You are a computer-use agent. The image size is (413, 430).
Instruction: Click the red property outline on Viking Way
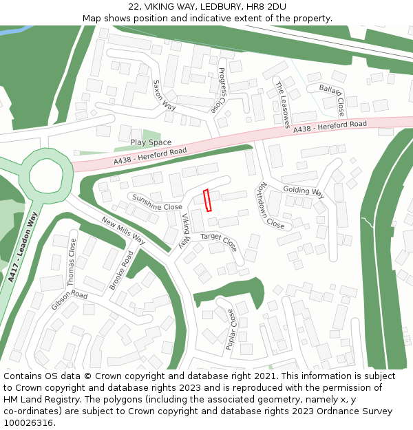click(208, 200)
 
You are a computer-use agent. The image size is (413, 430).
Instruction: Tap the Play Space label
click(151, 142)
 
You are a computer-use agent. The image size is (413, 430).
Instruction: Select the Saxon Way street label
click(165, 96)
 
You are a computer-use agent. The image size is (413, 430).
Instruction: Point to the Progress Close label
click(221, 90)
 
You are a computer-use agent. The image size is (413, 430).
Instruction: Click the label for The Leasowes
click(282, 104)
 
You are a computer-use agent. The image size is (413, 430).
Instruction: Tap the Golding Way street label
click(304, 191)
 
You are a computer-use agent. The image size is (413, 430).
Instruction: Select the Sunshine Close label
click(158, 202)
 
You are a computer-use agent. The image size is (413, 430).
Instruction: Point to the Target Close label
click(218, 241)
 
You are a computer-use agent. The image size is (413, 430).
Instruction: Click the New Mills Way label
click(123, 230)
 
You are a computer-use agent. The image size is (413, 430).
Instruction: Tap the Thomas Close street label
click(72, 262)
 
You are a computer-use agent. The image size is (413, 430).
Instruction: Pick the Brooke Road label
click(121, 270)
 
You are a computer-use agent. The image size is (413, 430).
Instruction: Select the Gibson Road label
click(69, 300)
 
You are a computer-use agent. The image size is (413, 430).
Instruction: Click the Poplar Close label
click(231, 329)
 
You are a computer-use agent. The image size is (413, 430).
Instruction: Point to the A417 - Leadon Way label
click(22, 248)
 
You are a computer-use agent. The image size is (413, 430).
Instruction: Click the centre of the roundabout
click(46, 175)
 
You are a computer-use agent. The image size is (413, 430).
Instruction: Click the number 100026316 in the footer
click(28, 422)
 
